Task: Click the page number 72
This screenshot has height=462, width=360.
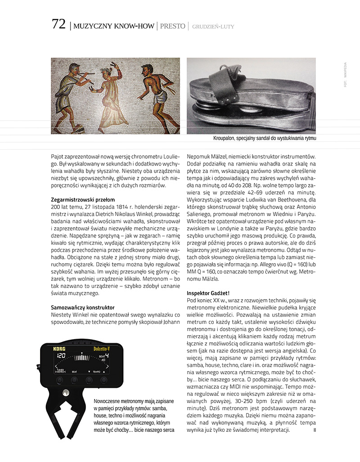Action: [58, 24]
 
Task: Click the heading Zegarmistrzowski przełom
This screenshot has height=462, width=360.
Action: [83, 199]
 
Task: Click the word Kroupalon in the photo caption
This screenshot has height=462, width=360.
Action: [226, 139]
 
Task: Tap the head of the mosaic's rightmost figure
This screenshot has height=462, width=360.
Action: [147, 70]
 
